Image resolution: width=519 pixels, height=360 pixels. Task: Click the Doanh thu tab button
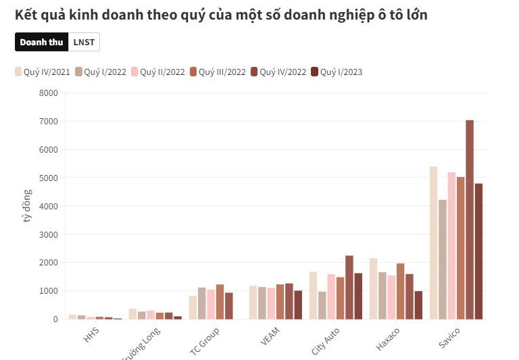(41, 42)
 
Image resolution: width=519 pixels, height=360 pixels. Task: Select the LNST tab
(84, 42)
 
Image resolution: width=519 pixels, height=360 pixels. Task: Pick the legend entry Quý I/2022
(101, 72)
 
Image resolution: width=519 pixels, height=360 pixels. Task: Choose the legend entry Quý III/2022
(218, 72)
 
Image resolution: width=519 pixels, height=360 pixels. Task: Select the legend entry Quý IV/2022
(278, 72)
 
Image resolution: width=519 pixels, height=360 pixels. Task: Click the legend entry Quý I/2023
(336, 72)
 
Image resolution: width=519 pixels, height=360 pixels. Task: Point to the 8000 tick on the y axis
(48, 93)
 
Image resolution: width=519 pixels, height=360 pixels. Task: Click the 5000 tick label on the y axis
(48, 178)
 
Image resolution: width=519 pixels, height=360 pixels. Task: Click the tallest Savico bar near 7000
(470, 220)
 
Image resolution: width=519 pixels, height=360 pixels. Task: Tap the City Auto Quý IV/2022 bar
(349, 287)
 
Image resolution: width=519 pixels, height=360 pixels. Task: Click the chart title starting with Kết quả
(220, 15)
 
